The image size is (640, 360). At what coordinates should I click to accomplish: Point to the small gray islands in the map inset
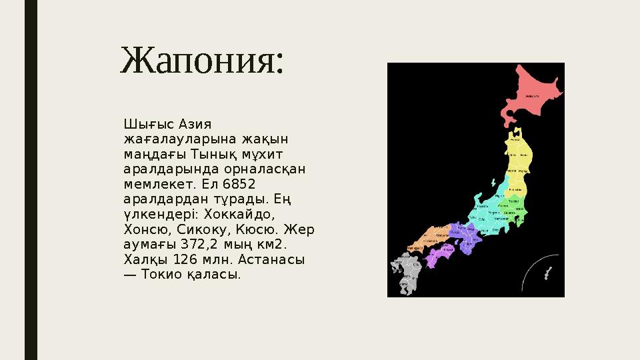pyautogui.click(x=548, y=273)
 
